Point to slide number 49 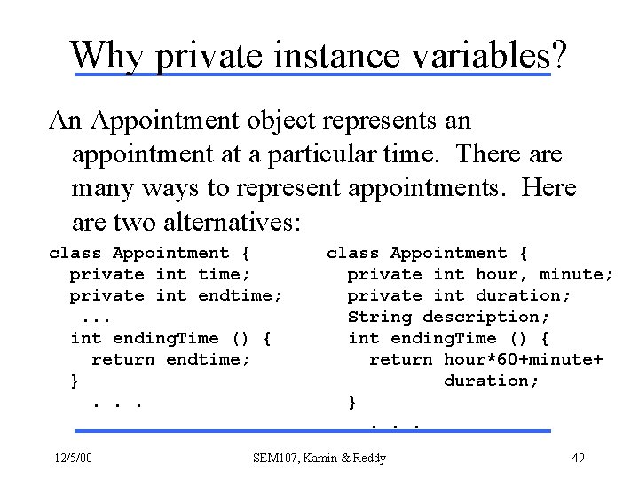click(x=577, y=459)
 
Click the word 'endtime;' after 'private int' click(x=241, y=295)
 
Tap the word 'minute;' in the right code click(x=576, y=274)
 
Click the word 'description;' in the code click(x=486, y=317)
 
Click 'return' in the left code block click(x=123, y=359)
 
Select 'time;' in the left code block click(x=225, y=274)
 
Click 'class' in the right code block click(x=353, y=254)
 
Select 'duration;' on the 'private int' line click(x=524, y=295)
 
